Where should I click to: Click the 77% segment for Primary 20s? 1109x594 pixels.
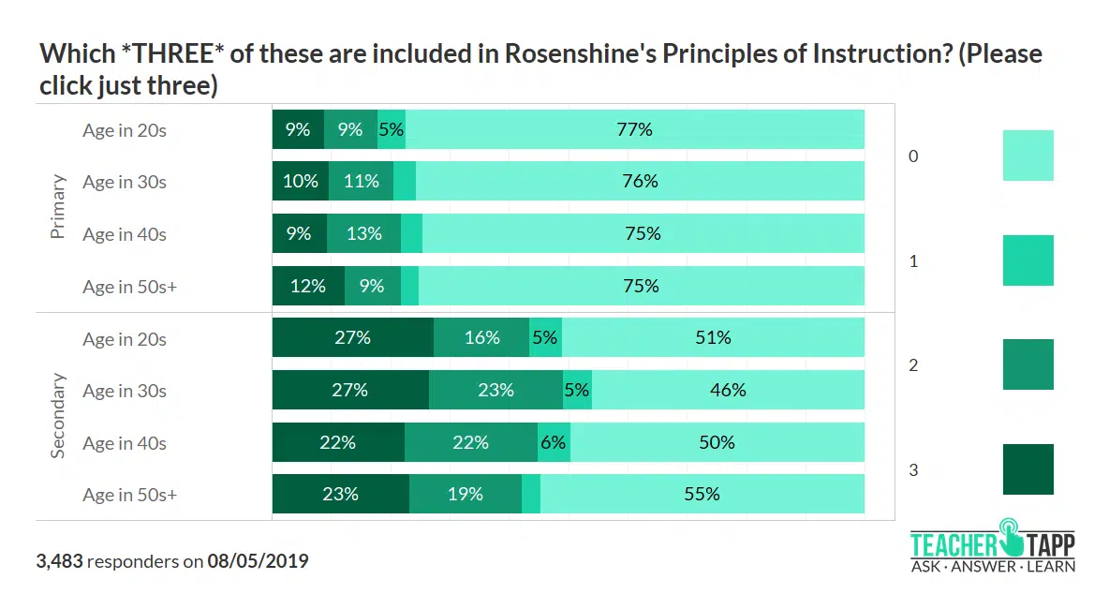point(634,129)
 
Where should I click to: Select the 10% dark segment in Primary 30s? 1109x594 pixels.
point(300,182)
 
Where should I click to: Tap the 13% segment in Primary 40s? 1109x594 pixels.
point(363,234)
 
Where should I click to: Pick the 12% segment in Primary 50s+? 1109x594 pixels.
point(307,286)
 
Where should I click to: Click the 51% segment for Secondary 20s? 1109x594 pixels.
point(713,338)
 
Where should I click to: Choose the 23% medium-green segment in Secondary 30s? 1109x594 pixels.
point(495,390)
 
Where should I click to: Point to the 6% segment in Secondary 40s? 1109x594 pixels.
point(554,442)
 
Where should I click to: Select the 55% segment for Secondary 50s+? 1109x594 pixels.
point(702,494)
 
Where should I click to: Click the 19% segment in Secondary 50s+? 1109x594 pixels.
point(465,494)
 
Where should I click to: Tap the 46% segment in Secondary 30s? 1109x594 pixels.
point(727,390)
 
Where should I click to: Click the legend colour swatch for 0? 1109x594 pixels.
point(1028,156)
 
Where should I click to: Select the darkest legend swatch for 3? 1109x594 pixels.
point(1028,469)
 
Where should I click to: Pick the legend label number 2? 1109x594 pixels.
point(913,365)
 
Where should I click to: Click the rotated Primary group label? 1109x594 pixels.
point(58,207)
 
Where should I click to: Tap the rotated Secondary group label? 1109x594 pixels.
point(58,416)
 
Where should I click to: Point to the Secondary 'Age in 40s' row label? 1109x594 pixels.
point(125,442)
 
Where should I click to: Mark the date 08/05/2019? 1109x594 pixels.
point(258,561)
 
